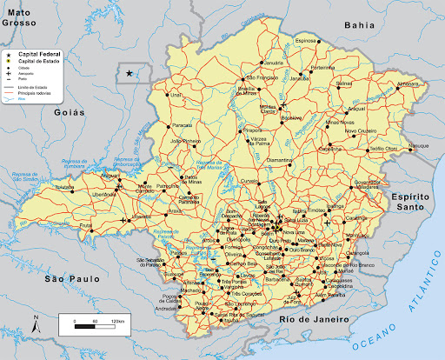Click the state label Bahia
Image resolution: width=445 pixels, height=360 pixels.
[x=360, y=25]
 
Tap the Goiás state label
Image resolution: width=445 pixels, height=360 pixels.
[x=69, y=112]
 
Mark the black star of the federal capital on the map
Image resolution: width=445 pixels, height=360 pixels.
[x=130, y=74]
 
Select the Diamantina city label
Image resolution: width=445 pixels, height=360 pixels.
[x=281, y=161]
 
